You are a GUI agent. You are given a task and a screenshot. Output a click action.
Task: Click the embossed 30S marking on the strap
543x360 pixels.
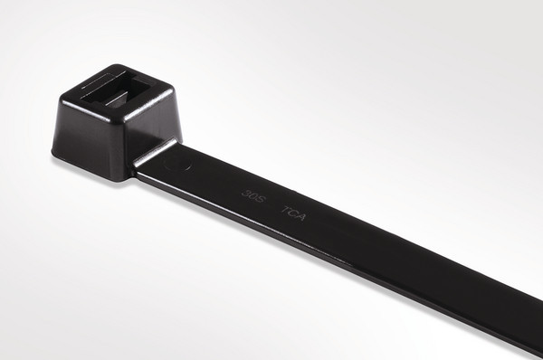point(253,194)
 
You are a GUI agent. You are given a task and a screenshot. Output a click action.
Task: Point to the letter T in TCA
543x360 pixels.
point(285,210)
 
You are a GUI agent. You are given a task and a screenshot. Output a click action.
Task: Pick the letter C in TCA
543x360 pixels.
point(294,213)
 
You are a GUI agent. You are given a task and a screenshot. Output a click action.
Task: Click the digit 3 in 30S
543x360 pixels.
point(245,191)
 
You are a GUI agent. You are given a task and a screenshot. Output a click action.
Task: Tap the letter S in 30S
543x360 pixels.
point(262,197)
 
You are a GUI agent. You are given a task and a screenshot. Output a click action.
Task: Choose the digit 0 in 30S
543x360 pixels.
point(253,194)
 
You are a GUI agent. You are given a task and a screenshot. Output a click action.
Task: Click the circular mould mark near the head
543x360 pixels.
point(184,166)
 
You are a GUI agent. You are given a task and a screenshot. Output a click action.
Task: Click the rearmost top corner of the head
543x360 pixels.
point(113,65)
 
